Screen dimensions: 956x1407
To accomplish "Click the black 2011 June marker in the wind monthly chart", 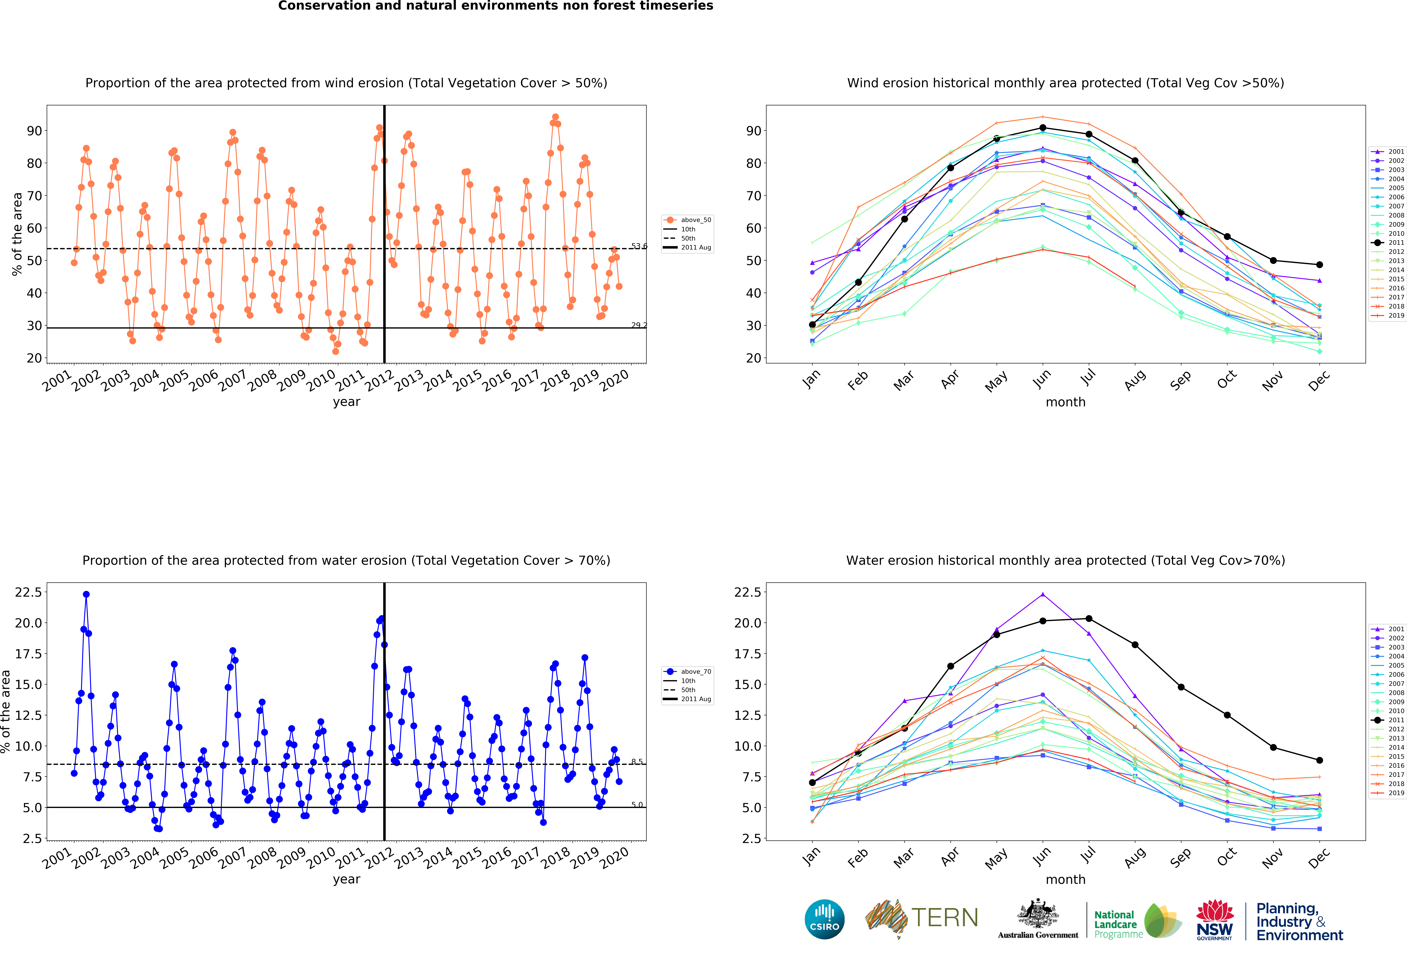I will pos(1043,128).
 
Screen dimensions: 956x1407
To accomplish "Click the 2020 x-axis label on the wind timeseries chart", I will pos(614,380).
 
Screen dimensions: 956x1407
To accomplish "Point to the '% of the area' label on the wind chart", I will pos(17,234).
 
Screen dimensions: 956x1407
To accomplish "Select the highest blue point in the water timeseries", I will pos(86,595).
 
